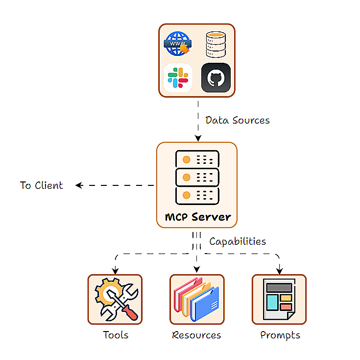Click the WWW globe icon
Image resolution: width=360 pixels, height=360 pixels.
click(x=177, y=44)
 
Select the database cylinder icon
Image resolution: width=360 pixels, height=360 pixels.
click(x=216, y=45)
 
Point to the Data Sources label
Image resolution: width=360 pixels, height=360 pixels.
click(x=237, y=120)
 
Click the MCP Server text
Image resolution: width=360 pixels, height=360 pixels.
click(x=197, y=217)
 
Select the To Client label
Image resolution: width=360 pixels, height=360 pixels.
click(x=42, y=185)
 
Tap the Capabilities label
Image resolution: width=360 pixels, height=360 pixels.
click(x=238, y=241)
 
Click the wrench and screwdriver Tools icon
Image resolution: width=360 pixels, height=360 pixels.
click(x=115, y=299)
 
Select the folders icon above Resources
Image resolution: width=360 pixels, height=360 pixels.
click(x=197, y=299)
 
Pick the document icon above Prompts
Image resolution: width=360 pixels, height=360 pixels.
click(x=279, y=299)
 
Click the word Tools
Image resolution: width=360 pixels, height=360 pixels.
click(x=116, y=335)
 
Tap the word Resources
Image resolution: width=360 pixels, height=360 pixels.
click(x=196, y=335)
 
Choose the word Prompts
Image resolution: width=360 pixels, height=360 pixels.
click(x=280, y=335)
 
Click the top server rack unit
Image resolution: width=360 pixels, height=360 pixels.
click(x=197, y=159)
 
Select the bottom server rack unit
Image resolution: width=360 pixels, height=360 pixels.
click(x=197, y=195)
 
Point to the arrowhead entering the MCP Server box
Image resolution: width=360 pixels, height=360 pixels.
click(x=197, y=138)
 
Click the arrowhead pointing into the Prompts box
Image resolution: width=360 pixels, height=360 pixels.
click(x=280, y=270)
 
